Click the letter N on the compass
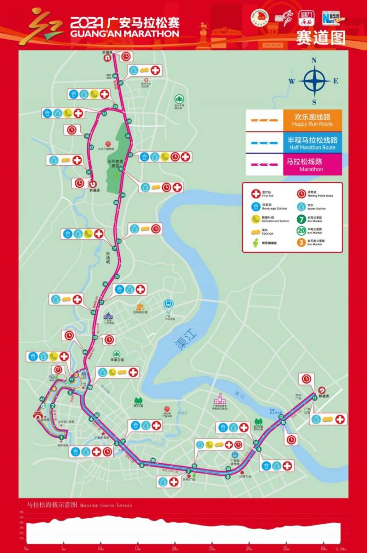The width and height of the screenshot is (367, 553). pyautogui.click(x=314, y=60)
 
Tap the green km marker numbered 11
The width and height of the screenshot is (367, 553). pyautogui.click(x=315, y=398)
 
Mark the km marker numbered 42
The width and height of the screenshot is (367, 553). pyautogui.click(x=42, y=399)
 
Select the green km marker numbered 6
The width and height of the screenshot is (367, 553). pyautogui.click(x=142, y=466)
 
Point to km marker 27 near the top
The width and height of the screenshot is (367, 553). pyautogui.click(x=121, y=83)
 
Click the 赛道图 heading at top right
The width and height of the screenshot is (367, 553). pyautogui.click(x=320, y=38)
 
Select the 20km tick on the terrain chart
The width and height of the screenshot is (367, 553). pyautogui.click(x=174, y=548)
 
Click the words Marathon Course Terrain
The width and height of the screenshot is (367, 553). pyautogui.click(x=106, y=505)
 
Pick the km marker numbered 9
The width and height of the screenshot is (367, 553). pyautogui.click(x=259, y=450)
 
